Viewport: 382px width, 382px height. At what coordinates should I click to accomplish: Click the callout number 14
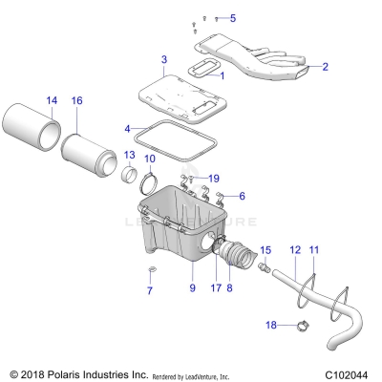click(x=52, y=99)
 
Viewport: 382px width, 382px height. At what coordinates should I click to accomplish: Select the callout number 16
click(x=77, y=99)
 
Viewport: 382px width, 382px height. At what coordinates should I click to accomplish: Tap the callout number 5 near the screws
click(x=232, y=18)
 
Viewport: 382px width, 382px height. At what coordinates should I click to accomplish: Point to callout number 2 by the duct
click(x=324, y=67)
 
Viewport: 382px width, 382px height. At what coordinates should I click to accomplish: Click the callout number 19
click(x=214, y=178)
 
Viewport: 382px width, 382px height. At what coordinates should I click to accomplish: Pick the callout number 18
click(x=271, y=326)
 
